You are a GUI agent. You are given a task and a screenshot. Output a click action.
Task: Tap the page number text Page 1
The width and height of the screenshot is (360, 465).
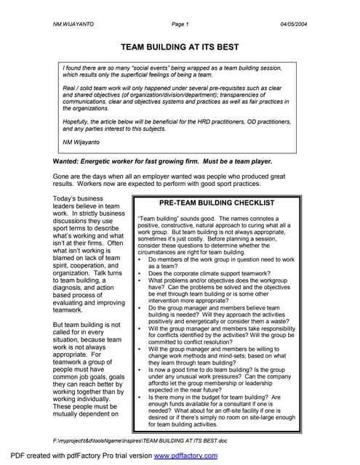180,24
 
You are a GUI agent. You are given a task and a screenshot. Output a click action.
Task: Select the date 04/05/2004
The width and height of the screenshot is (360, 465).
294,24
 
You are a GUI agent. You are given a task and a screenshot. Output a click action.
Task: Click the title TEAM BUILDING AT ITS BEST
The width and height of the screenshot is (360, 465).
180,46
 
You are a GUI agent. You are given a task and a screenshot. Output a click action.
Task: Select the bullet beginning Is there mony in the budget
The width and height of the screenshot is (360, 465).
140,397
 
